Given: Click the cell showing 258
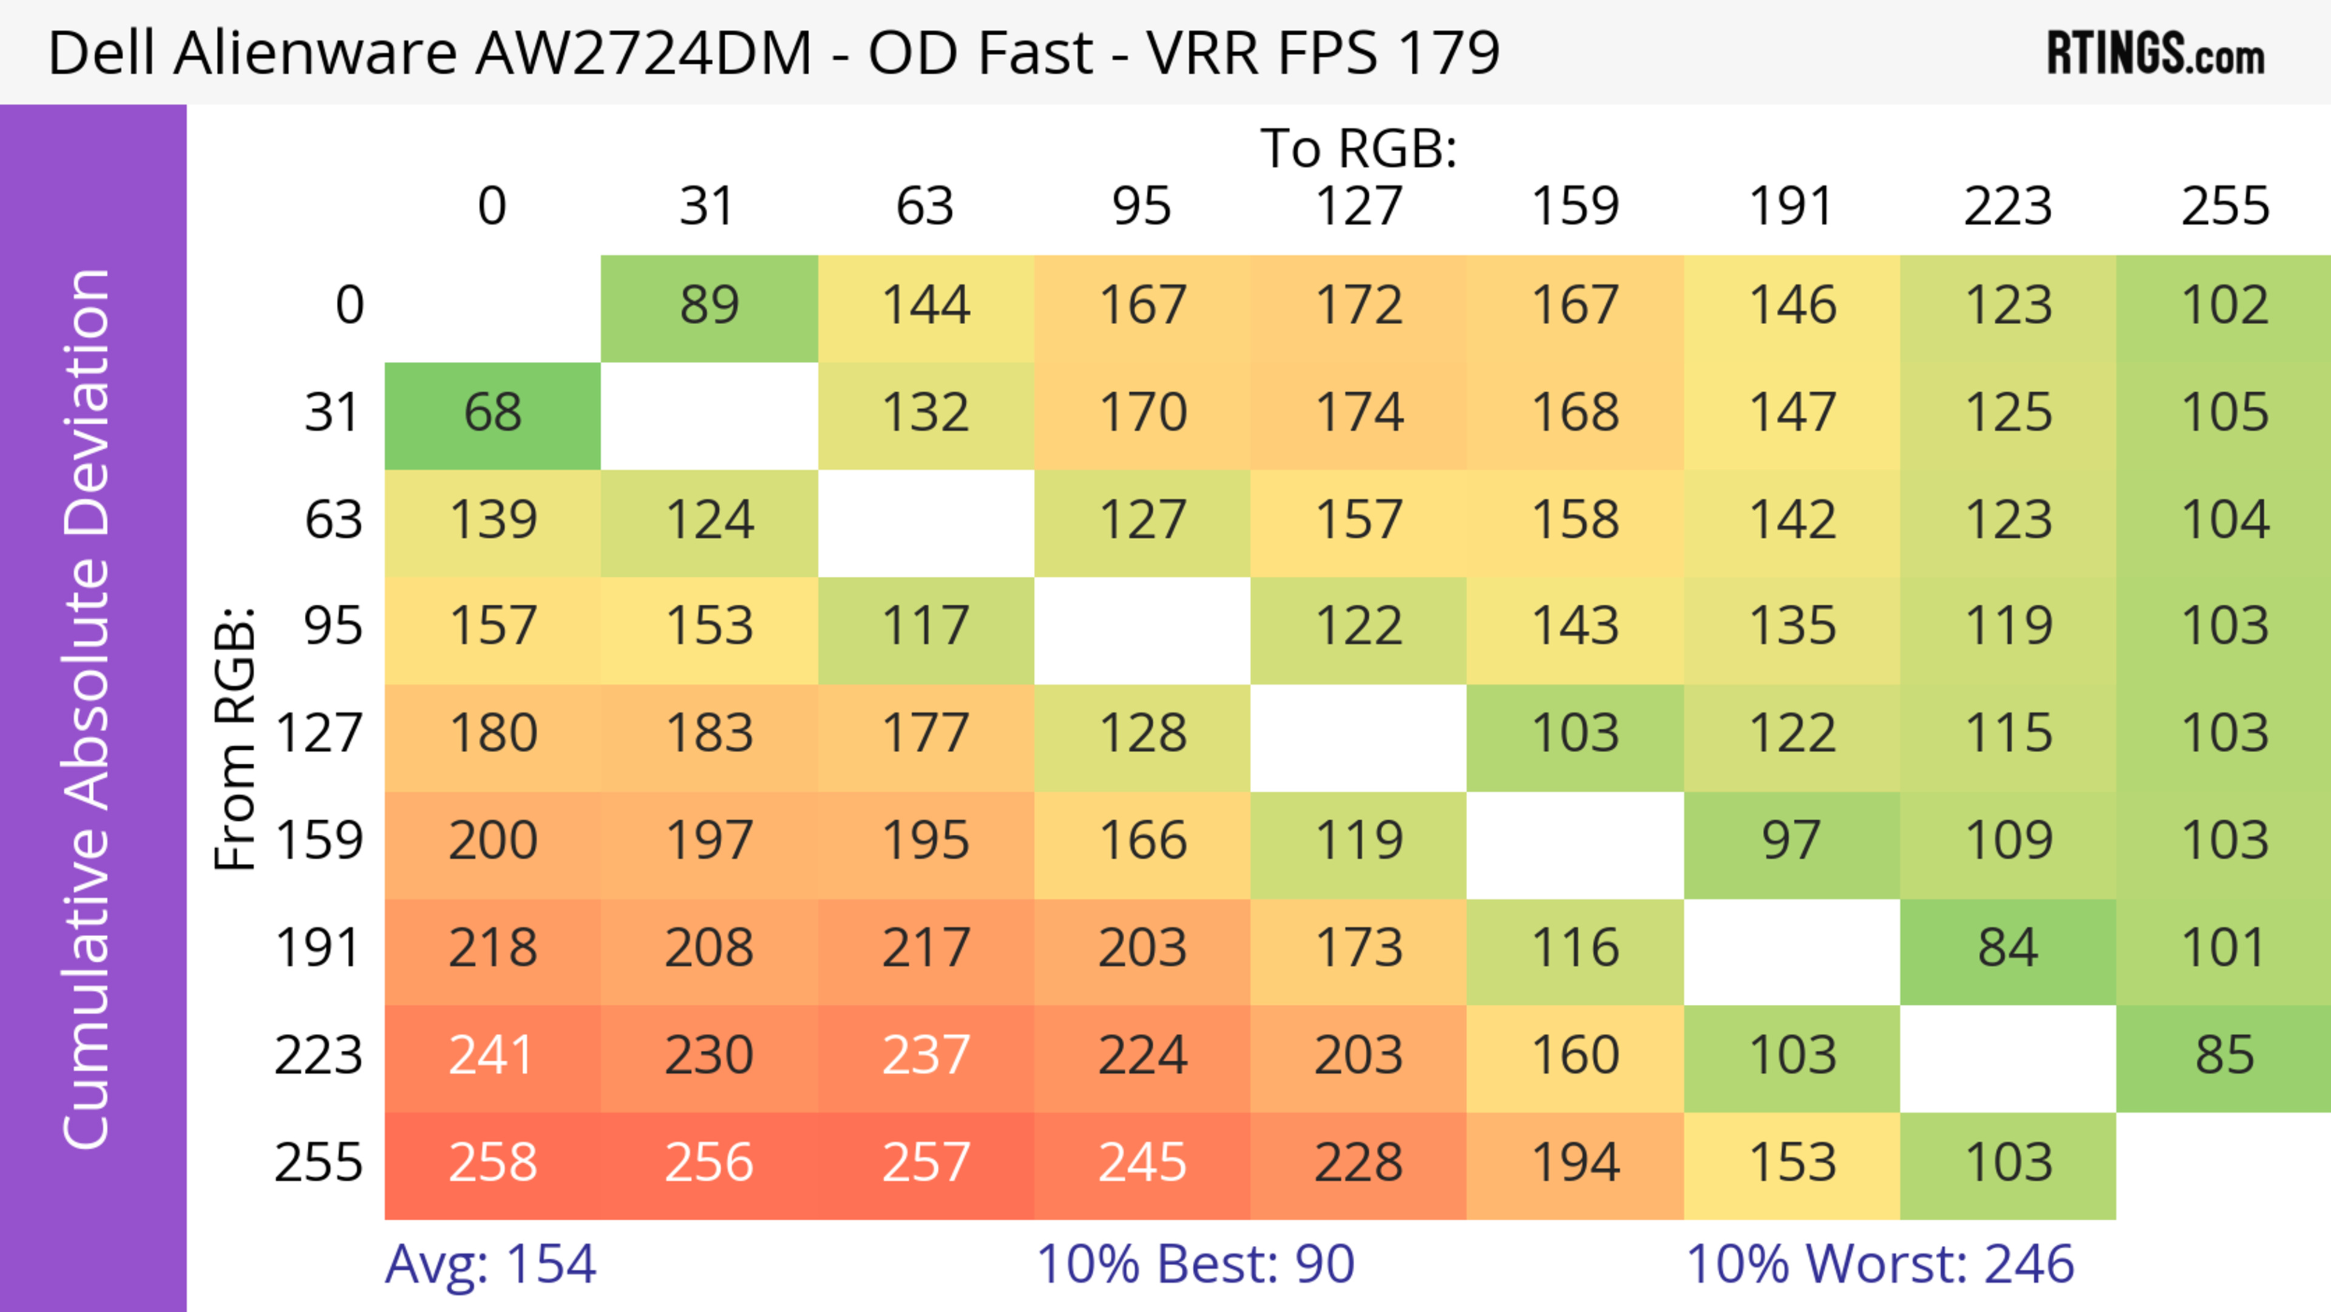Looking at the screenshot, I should pyautogui.click(x=492, y=1164).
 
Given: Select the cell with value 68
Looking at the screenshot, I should pyautogui.click(x=492, y=413).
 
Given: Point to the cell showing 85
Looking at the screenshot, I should pyautogui.click(x=2224, y=1056).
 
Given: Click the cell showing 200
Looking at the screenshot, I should pyautogui.click(x=492, y=841).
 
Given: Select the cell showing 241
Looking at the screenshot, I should pyautogui.click(x=492, y=1056).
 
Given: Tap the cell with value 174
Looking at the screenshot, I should pyautogui.click(x=1359, y=413).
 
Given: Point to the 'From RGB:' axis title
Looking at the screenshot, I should pyautogui.click(x=236, y=738).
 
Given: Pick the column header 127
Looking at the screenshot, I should pyautogui.click(x=1359, y=206).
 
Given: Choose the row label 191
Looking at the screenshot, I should pyautogui.click(x=319, y=949).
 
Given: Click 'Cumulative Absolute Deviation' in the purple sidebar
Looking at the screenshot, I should pyautogui.click(x=88, y=709).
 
